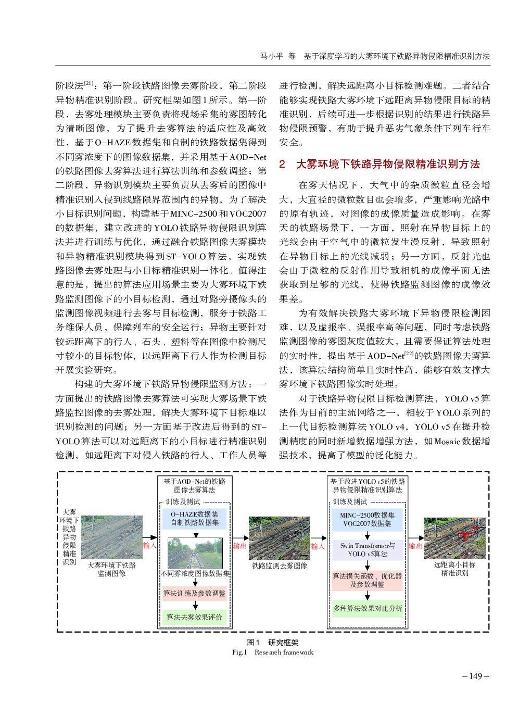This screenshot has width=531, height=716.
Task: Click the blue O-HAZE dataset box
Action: coord(195,518)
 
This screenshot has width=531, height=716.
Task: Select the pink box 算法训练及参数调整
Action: coord(195,593)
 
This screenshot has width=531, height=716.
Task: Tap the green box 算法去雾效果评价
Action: coord(195,617)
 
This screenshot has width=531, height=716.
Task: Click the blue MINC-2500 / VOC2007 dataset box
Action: coord(367,519)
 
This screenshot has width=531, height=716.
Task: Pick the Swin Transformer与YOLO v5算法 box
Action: coord(368,550)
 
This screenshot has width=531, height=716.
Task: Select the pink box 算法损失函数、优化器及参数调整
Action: coord(368,580)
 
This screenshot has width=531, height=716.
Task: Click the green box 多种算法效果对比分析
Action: coord(368,608)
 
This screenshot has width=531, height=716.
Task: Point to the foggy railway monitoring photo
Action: coord(112,537)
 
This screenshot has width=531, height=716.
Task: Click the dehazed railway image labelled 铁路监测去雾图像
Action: coord(280,537)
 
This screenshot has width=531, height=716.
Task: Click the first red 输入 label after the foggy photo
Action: coord(150,545)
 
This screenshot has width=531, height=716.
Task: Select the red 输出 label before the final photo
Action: coord(415,546)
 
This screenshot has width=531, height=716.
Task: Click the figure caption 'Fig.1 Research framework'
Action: coord(273,652)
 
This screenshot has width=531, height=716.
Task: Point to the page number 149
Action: coord(476,676)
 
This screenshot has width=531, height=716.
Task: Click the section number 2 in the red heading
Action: coord(282,164)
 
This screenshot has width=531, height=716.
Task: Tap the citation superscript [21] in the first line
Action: coord(89,83)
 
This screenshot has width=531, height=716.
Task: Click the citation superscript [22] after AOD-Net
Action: coord(409,353)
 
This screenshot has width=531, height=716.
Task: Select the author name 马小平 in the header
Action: coord(272,56)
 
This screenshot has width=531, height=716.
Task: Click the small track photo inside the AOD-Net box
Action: coord(195,553)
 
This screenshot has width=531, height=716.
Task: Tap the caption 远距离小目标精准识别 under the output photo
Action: coord(455,569)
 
